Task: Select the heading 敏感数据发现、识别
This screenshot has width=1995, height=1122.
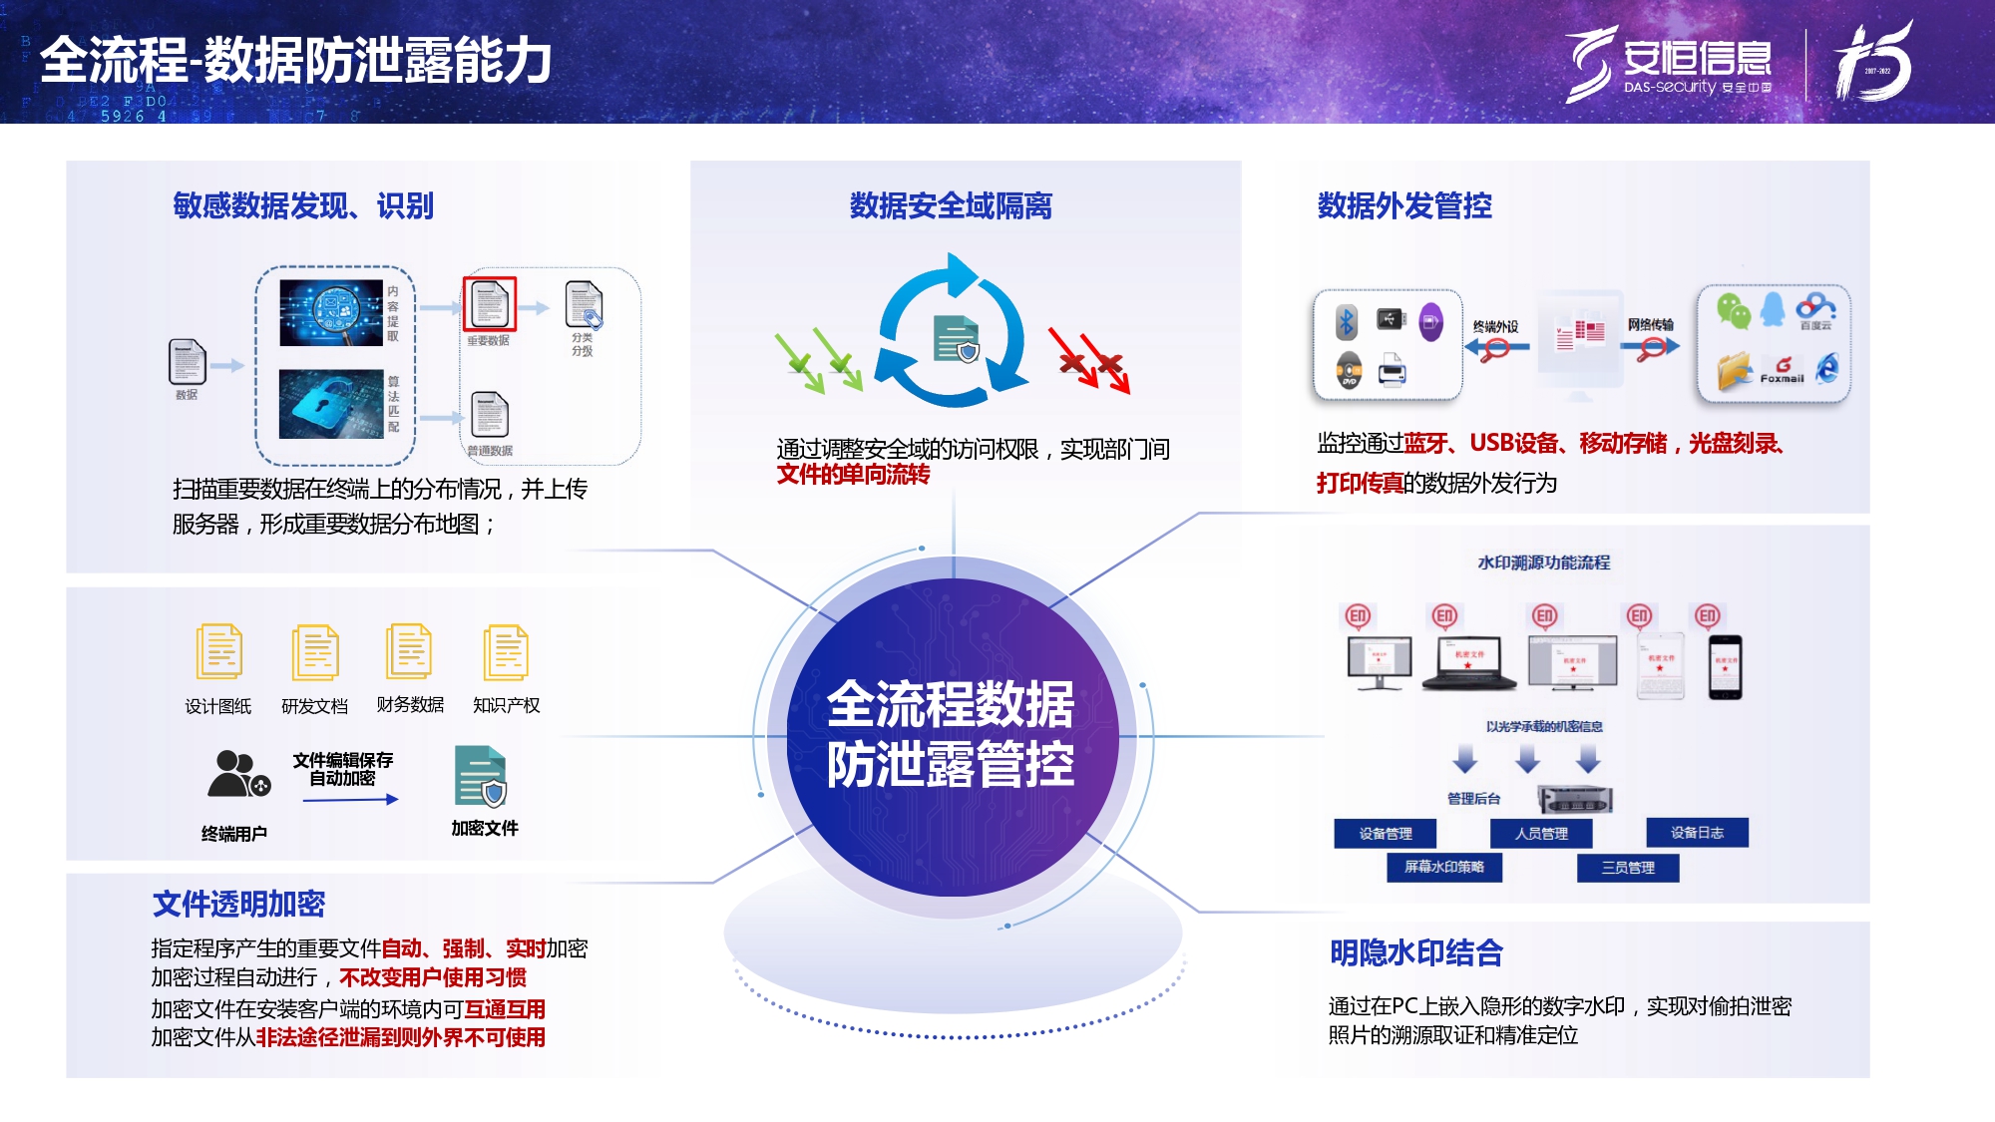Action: point(303,205)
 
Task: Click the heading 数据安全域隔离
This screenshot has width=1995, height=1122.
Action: point(951,205)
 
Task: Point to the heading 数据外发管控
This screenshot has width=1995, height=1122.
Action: point(1404,205)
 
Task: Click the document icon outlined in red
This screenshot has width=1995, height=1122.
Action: point(490,303)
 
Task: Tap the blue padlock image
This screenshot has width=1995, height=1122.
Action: point(331,404)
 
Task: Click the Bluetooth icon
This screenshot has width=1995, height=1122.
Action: point(1347,321)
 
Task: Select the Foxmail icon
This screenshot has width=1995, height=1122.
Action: point(1783,370)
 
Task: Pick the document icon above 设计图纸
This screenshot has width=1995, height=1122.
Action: point(218,652)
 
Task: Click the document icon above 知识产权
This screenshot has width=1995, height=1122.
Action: point(506,652)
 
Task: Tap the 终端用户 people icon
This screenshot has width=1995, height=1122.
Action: point(237,774)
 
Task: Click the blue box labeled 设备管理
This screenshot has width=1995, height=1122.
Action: point(1386,833)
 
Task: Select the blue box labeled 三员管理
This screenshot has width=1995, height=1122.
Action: point(1627,868)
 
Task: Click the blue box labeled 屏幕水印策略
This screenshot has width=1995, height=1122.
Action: point(1443,868)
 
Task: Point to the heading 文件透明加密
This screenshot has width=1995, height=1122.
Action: point(238,904)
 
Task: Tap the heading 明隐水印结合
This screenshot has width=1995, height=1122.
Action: point(1415,952)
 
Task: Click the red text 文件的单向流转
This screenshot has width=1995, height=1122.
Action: point(853,475)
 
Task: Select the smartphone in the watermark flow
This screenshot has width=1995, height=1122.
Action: point(1725,666)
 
